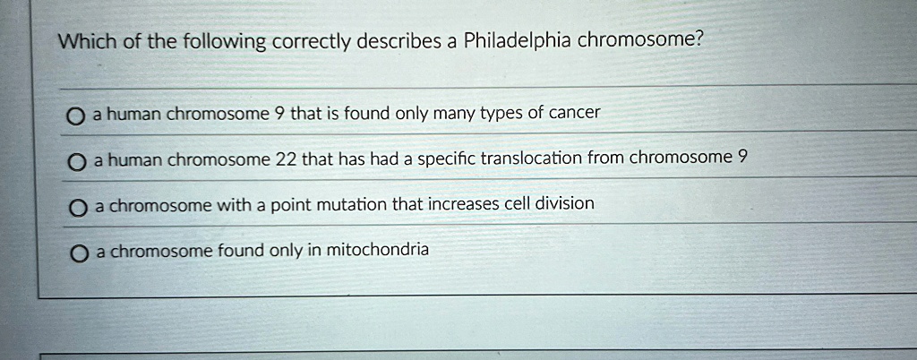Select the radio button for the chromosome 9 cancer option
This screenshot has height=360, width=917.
pyautogui.click(x=74, y=117)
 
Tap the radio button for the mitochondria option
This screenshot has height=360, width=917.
pyautogui.click(x=79, y=253)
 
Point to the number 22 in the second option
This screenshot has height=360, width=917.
pyautogui.click(x=286, y=159)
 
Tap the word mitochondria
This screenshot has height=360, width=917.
pyautogui.click(x=377, y=250)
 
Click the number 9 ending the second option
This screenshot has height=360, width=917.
pyautogui.click(x=742, y=158)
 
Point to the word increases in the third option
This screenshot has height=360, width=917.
pyautogui.click(x=459, y=204)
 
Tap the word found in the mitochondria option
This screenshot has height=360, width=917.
pyautogui.click(x=241, y=251)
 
